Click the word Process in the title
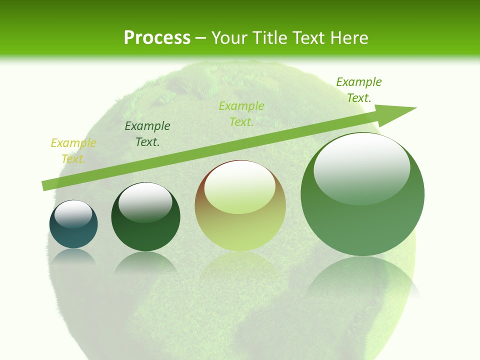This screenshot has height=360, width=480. click(157, 38)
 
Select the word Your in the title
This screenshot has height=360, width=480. click(228, 38)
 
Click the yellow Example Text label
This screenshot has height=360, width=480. click(73, 151)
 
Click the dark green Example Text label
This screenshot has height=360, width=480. click(147, 134)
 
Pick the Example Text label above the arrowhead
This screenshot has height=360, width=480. click(359, 90)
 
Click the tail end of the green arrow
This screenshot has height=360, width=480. click(45, 186)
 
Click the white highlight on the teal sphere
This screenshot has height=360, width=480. click(73, 214)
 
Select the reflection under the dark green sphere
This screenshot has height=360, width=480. click(145, 262)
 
